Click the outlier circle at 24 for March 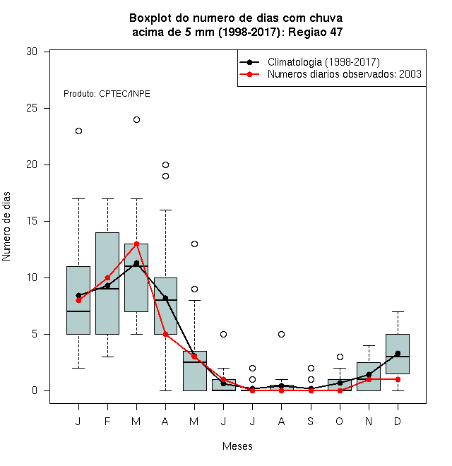click(x=136, y=120)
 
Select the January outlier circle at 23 click(x=78, y=131)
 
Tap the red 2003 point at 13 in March click(x=136, y=244)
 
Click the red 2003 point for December click(x=398, y=380)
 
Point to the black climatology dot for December click(x=398, y=353)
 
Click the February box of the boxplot click(x=107, y=284)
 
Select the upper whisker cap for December click(x=398, y=312)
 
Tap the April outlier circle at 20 click(x=166, y=165)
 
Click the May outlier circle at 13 click(x=194, y=244)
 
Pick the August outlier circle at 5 click(x=281, y=335)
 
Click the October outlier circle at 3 click(x=340, y=357)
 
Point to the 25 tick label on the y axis click(x=32, y=108)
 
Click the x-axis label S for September click(x=311, y=422)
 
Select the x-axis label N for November click(x=369, y=422)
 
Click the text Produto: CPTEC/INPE click(x=107, y=94)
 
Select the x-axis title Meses click(x=237, y=446)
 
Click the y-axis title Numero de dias click(x=6, y=227)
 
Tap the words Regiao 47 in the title click(x=315, y=32)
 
